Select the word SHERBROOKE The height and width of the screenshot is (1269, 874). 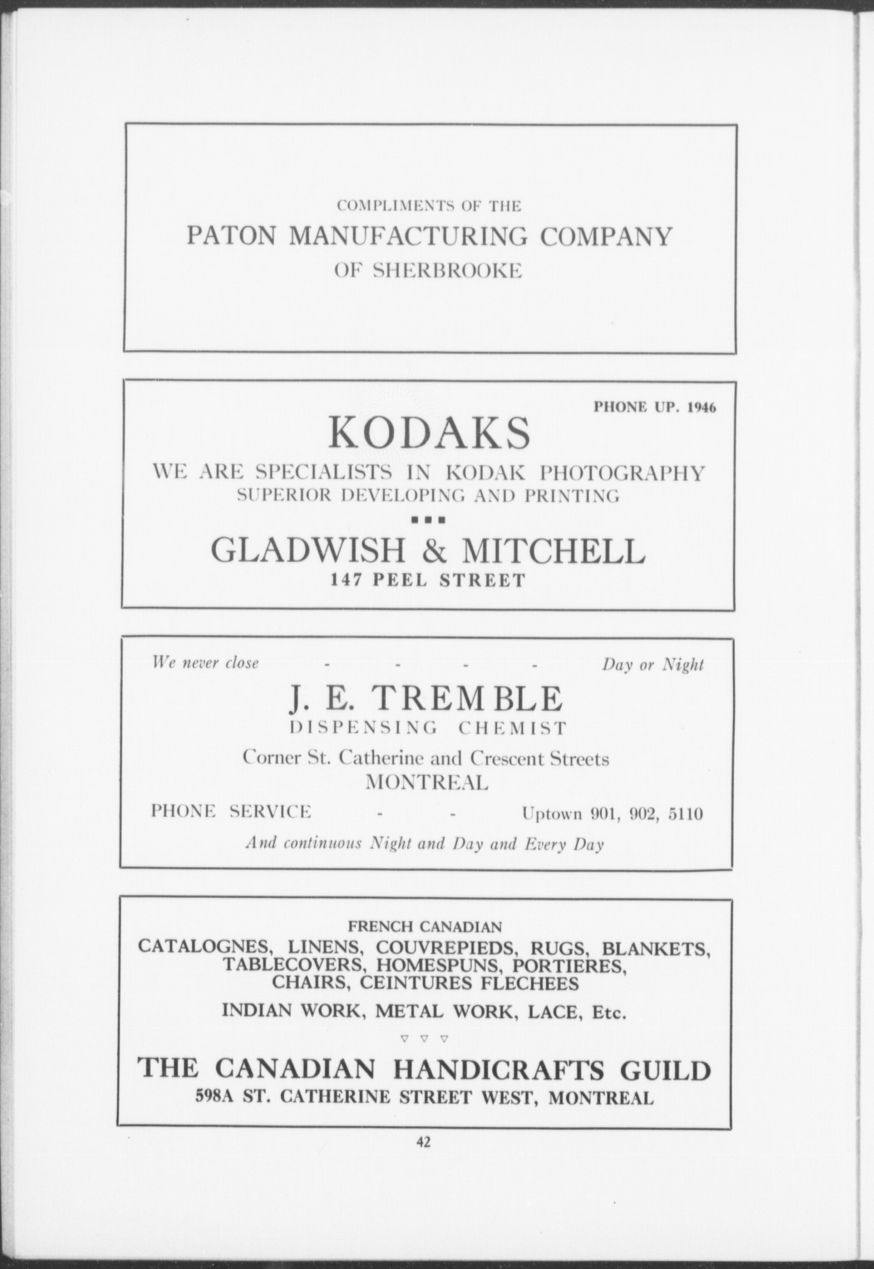pyautogui.click(x=448, y=271)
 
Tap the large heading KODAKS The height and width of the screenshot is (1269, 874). pyautogui.click(x=429, y=433)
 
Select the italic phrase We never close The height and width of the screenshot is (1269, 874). pyautogui.click(x=205, y=663)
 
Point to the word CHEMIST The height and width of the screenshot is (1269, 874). pyautogui.click(x=512, y=729)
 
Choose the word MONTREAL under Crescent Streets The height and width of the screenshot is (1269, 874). pyautogui.click(x=427, y=783)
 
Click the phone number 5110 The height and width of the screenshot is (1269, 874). pyautogui.click(x=686, y=814)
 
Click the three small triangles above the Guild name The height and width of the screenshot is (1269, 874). pyautogui.click(x=424, y=1039)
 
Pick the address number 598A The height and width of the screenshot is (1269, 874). pyautogui.click(x=215, y=1097)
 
